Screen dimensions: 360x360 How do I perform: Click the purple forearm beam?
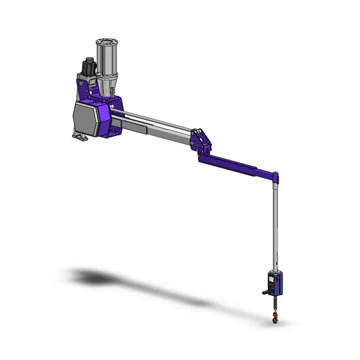[236, 166]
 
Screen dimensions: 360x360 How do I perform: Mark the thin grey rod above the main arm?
[157, 120]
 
